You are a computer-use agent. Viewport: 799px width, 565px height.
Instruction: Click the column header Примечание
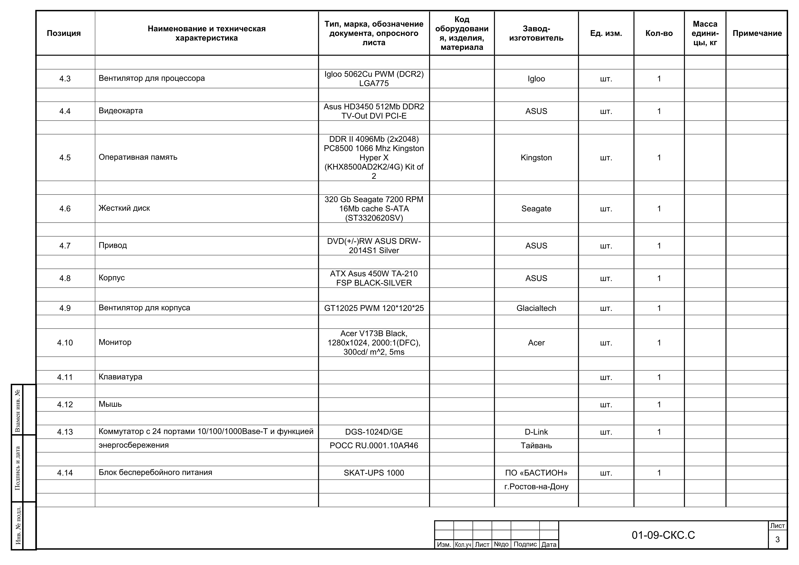pyautogui.click(x=757, y=33)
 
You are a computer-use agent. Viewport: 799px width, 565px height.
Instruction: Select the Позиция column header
pyautogui.click(x=64, y=33)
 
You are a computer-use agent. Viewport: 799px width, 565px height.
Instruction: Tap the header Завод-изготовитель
pyautogui.click(x=536, y=33)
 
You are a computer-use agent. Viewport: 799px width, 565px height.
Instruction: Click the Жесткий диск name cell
pyautogui.click(x=124, y=208)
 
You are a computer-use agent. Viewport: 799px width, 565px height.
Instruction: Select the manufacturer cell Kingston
pyautogui.click(x=536, y=158)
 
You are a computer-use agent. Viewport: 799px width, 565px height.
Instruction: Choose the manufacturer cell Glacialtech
pyautogui.click(x=536, y=308)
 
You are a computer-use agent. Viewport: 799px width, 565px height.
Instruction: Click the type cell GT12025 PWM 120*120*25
pyautogui.click(x=374, y=308)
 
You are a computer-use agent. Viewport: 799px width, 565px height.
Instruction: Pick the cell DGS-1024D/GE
pyautogui.click(x=374, y=432)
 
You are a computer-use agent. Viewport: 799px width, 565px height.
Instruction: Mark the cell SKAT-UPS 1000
pyautogui.click(x=374, y=473)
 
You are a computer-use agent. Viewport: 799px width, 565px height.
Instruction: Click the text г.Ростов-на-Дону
pyautogui.click(x=536, y=487)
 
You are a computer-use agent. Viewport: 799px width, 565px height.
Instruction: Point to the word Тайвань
pyautogui.click(x=536, y=446)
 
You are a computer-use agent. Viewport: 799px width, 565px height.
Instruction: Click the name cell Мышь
pyautogui.click(x=110, y=404)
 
